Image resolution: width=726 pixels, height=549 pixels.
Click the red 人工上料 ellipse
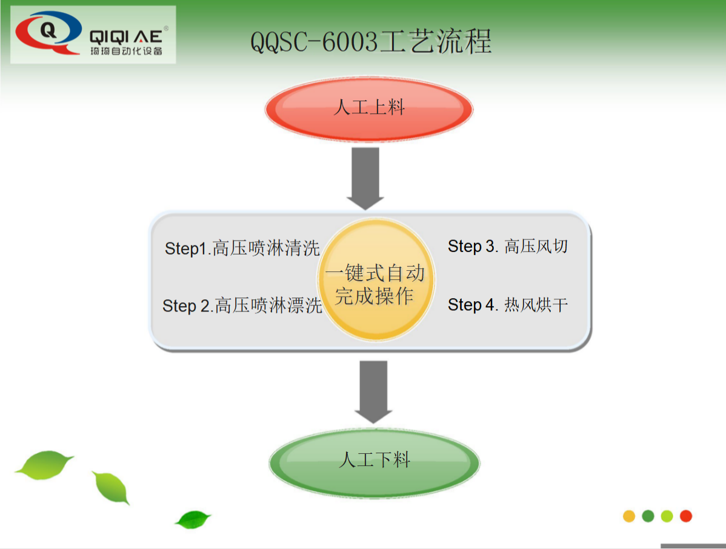click(x=368, y=109)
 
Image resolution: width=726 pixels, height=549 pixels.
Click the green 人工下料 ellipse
click(x=375, y=462)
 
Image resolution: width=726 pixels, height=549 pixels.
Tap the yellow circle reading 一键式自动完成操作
click(x=375, y=281)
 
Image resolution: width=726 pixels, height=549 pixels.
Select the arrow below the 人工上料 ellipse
click(x=365, y=178)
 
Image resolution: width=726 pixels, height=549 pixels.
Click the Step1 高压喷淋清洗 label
click(x=242, y=248)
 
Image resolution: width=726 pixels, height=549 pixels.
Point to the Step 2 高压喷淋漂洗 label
click(x=242, y=306)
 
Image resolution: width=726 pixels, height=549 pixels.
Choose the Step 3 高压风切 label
click(x=508, y=246)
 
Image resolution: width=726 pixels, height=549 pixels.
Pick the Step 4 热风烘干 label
click(x=508, y=304)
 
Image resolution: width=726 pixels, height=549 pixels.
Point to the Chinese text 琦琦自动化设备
click(x=126, y=51)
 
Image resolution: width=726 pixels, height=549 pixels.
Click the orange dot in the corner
click(x=629, y=516)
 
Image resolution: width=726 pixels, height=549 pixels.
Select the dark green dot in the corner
click(x=648, y=516)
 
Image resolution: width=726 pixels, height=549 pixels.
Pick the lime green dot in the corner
click(x=667, y=516)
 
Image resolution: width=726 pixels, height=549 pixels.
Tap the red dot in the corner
click(x=685, y=516)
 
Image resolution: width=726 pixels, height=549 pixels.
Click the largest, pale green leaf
click(x=44, y=465)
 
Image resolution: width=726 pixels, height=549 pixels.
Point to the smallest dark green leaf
click(x=193, y=519)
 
